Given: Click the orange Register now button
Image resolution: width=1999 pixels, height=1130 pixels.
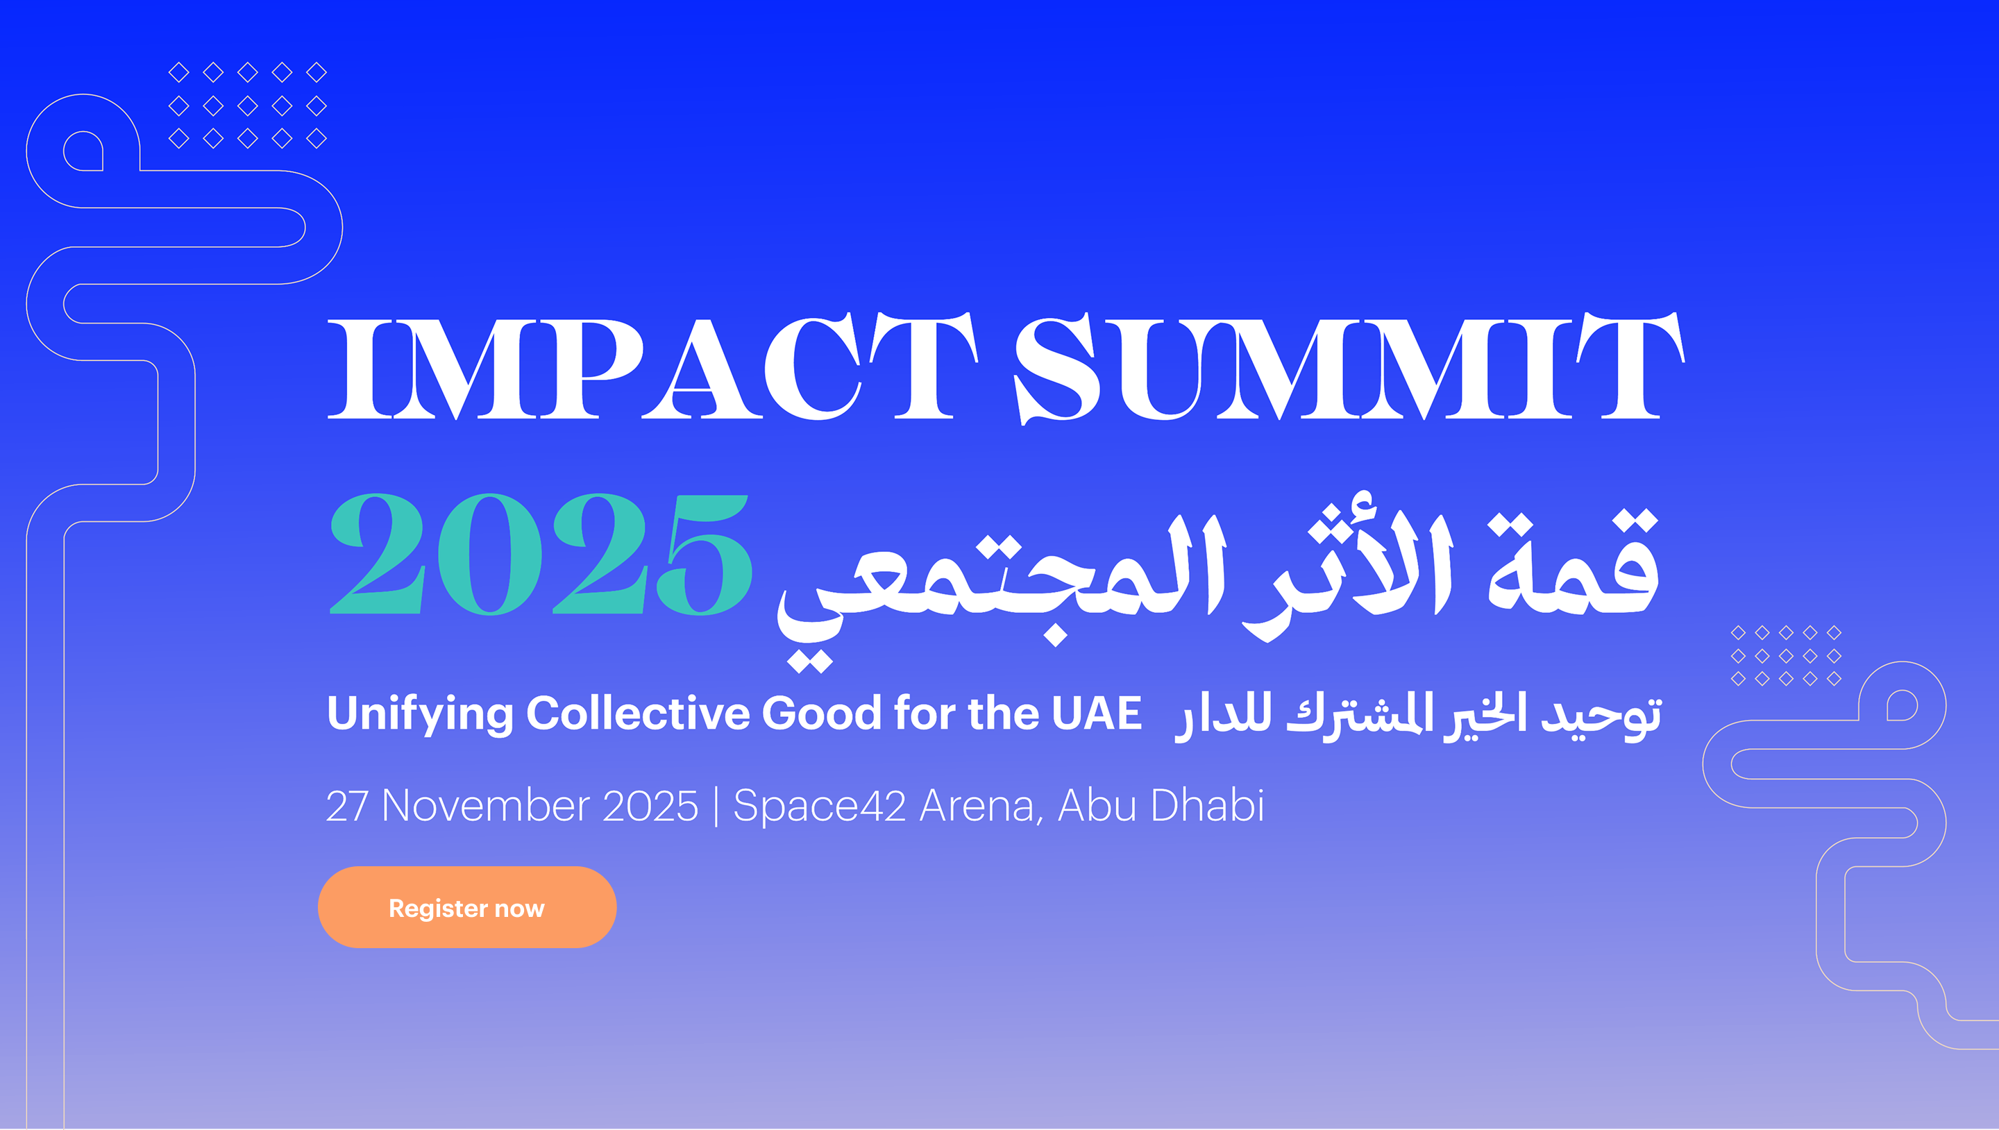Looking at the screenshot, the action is point(466,906).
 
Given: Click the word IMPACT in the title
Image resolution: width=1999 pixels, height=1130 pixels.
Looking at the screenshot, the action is point(652,366).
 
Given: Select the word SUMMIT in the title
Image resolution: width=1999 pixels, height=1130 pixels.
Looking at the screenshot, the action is point(1349,367).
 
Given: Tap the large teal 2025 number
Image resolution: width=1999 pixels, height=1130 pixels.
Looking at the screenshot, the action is point(541,554).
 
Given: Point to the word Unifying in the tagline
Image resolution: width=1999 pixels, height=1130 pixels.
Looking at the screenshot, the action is point(420,714).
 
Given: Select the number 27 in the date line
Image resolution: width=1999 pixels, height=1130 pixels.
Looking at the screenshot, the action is point(347,806).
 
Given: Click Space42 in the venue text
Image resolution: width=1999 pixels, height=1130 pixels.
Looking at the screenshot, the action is point(819,807).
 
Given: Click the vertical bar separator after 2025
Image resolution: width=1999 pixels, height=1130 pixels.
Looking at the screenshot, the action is point(716,806).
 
